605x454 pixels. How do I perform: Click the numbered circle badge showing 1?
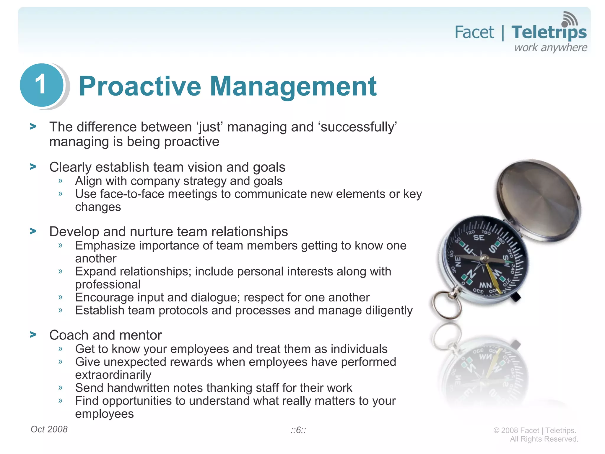[x=42, y=85]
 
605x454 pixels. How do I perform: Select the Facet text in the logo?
[x=474, y=32]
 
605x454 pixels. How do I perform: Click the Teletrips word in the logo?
[x=549, y=32]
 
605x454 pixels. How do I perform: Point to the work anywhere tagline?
[x=551, y=48]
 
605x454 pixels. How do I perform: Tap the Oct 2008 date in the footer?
[x=49, y=429]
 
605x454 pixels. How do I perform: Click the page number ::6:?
[x=298, y=430]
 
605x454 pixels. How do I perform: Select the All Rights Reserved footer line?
[x=544, y=439]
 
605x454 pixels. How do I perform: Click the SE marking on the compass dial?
[x=479, y=238]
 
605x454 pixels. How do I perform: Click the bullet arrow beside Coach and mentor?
[x=33, y=335]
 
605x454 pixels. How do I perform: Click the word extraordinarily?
[x=113, y=375]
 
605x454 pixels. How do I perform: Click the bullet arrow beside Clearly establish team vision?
[x=33, y=167]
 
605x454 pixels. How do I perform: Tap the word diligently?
[x=389, y=310]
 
